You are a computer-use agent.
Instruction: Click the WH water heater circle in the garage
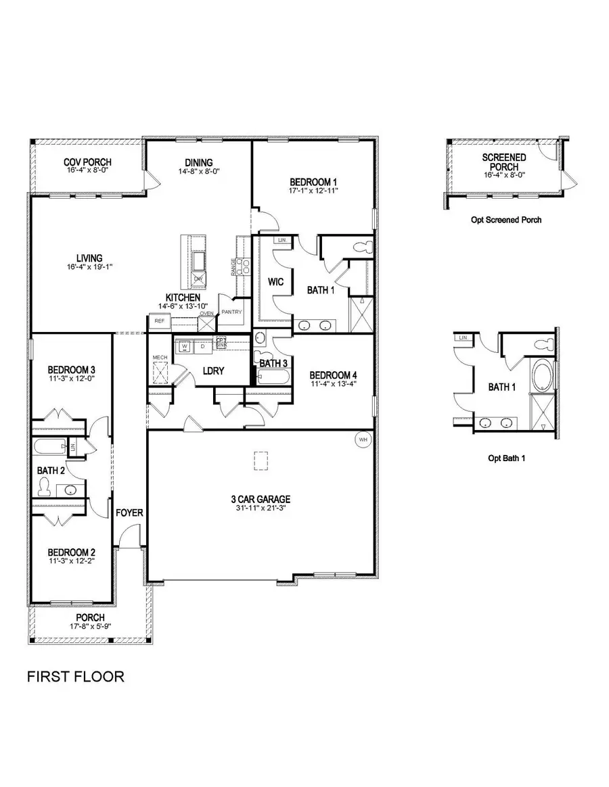[x=363, y=439]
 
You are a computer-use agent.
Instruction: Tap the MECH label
[x=160, y=357]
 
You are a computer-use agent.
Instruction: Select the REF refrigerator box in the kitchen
[x=160, y=322]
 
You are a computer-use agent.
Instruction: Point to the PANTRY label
[x=231, y=312]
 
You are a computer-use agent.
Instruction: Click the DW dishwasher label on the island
[x=198, y=279]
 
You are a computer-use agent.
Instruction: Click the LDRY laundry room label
[x=213, y=371]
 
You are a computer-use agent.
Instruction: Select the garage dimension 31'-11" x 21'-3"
[x=261, y=510]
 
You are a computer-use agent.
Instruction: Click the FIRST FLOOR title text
[x=75, y=677]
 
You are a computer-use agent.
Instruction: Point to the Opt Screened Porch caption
[x=505, y=220]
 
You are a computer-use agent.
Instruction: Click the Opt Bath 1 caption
[x=507, y=458]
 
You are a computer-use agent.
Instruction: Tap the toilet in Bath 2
[x=45, y=486]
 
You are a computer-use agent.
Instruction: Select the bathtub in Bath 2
[x=50, y=447]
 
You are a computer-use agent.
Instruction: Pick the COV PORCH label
[x=87, y=162]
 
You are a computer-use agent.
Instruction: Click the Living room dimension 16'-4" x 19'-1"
[x=89, y=266]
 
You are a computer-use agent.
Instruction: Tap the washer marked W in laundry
[x=183, y=346]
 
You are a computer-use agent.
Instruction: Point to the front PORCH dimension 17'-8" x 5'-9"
[x=89, y=627]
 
